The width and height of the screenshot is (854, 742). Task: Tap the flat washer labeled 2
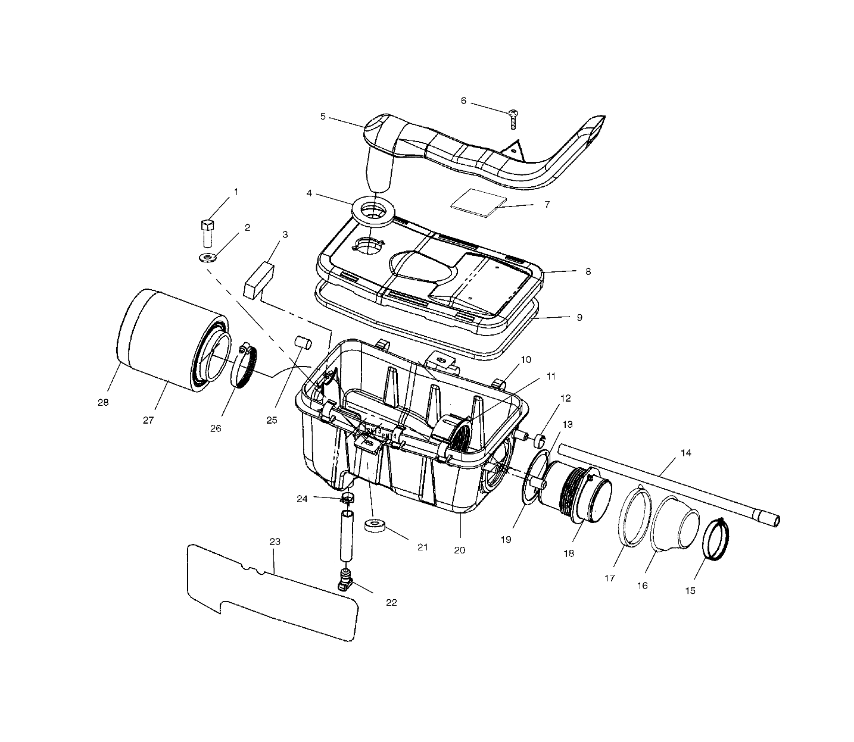[x=207, y=258]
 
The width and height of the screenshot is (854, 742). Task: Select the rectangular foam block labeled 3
[x=258, y=280]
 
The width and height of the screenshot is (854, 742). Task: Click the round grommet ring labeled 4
[x=373, y=211]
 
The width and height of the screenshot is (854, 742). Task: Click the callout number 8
[x=588, y=271]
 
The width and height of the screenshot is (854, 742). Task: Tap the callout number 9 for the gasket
[x=579, y=317]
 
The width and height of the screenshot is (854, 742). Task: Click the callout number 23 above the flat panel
[x=275, y=542]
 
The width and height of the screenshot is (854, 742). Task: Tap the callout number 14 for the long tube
[x=685, y=453]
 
